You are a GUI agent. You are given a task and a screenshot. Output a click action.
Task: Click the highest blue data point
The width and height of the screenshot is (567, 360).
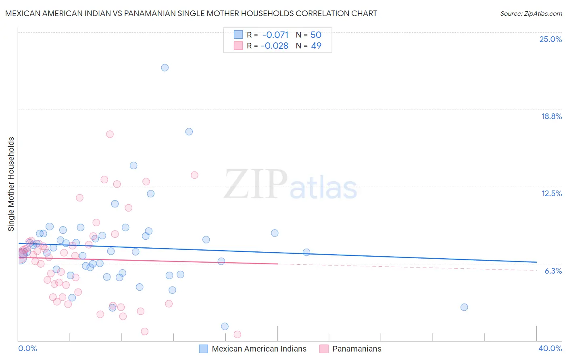pyautogui.click(x=165, y=68)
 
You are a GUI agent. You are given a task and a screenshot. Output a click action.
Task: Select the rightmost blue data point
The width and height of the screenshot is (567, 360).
pyautogui.click(x=464, y=307)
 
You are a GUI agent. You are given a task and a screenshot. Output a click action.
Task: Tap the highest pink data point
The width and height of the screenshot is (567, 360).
pyautogui.click(x=110, y=134)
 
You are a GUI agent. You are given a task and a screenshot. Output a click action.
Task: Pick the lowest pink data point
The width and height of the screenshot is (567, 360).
pyautogui.click(x=238, y=335)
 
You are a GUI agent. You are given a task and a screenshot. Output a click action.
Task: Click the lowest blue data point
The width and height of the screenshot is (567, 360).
pyautogui.click(x=225, y=327)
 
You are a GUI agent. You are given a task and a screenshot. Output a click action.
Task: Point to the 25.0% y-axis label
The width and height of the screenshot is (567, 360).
pyautogui.click(x=550, y=39)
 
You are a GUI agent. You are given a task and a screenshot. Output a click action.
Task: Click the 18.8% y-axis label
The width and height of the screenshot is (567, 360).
pyautogui.click(x=551, y=116)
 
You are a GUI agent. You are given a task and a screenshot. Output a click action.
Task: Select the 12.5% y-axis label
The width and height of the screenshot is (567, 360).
pyautogui.click(x=551, y=193)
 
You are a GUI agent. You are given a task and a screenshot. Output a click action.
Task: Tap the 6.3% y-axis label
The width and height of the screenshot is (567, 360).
pyautogui.click(x=553, y=271)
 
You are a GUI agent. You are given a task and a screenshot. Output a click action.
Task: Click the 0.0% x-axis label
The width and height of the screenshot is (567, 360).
pyautogui.click(x=27, y=348)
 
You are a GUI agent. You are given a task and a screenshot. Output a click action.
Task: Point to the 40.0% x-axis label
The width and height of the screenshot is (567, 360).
pyautogui.click(x=550, y=348)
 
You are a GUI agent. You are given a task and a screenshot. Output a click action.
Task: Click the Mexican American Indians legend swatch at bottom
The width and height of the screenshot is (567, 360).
pyautogui.click(x=204, y=349)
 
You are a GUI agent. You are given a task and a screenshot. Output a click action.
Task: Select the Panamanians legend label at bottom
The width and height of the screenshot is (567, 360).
pyautogui.click(x=356, y=349)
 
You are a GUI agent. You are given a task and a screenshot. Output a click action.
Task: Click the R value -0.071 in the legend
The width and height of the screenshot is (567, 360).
pyautogui.click(x=275, y=35)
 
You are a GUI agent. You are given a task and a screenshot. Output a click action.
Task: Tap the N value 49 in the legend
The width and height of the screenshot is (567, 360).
pyautogui.click(x=316, y=46)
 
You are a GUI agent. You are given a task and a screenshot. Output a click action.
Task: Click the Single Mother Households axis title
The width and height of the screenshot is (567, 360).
pyautogui.click(x=11, y=184)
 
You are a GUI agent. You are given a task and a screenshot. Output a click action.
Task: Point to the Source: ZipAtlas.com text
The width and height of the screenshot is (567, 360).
pyautogui.click(x=531, y=14)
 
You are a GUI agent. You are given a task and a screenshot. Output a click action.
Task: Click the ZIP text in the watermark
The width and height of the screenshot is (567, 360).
pyautogui.click(x=255, y=184)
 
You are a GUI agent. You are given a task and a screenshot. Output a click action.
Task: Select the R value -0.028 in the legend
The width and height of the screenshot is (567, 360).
pyautogui.click(x=274, y=46)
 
